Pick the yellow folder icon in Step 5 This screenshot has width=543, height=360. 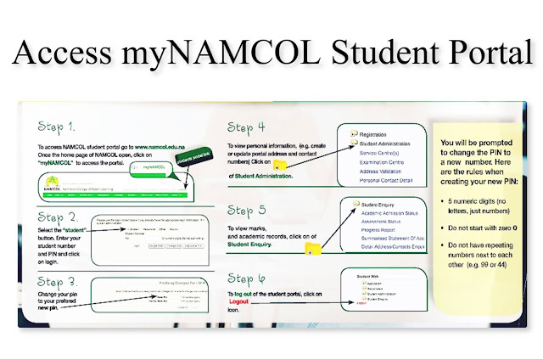pos(313,246)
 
